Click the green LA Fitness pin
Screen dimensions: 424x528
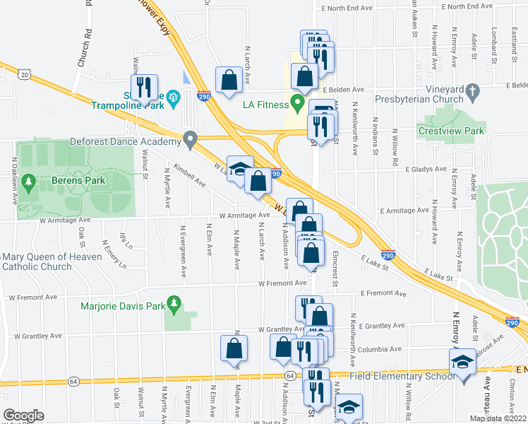click(297, 105)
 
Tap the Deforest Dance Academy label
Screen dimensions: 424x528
click(126, 141)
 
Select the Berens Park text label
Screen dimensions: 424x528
click(78, 181)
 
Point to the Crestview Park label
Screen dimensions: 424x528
click(451, 131)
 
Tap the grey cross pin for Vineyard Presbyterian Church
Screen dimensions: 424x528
click(473, 91)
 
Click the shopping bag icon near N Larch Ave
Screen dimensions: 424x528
click(229, 80)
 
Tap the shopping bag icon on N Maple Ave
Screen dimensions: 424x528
click(234, 348)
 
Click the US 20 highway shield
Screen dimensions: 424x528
click(25, 74)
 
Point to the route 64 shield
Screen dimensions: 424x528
click(290, 375)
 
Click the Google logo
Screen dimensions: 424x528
click(24, 415)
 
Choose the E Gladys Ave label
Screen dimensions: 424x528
click(428, 170)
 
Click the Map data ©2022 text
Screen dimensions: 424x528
click(498, 418)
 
